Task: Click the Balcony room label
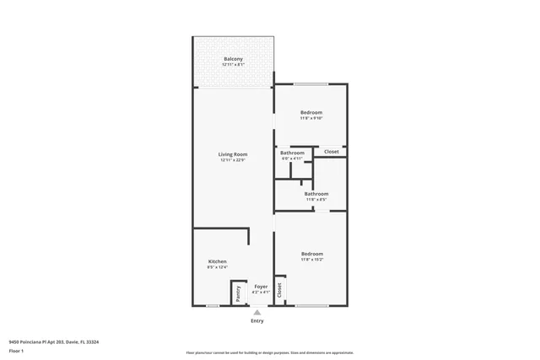click(x=233, y=58)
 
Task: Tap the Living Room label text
click(x=233, y=154)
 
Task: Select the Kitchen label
click(x=217, y=261)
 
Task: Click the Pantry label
click(x=239, y=293)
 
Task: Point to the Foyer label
click(x=261, y=287)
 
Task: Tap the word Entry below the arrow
click(x=256, y=321)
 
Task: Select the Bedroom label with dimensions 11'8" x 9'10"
click(x=311, y=112)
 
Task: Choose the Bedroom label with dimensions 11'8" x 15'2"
click(x=311, y=254)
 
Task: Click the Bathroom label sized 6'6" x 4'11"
click(x=292, y=153)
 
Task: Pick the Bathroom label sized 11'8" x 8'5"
click(x=316, y=194)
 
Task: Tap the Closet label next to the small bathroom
click(x=332, y=152)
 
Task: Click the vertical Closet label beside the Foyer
click(x=279, y=290)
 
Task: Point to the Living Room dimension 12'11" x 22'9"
click(x=233, y=160)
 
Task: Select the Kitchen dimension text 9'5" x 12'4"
click(x=217, y=267)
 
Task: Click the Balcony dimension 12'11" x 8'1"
click(x=233, y=64)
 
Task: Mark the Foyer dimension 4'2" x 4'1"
click(x=261, y=293)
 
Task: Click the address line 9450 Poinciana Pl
click(x=53, y=342)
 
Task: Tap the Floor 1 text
click(x=16, y=350)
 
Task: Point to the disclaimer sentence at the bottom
click(x=270, y=352)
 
